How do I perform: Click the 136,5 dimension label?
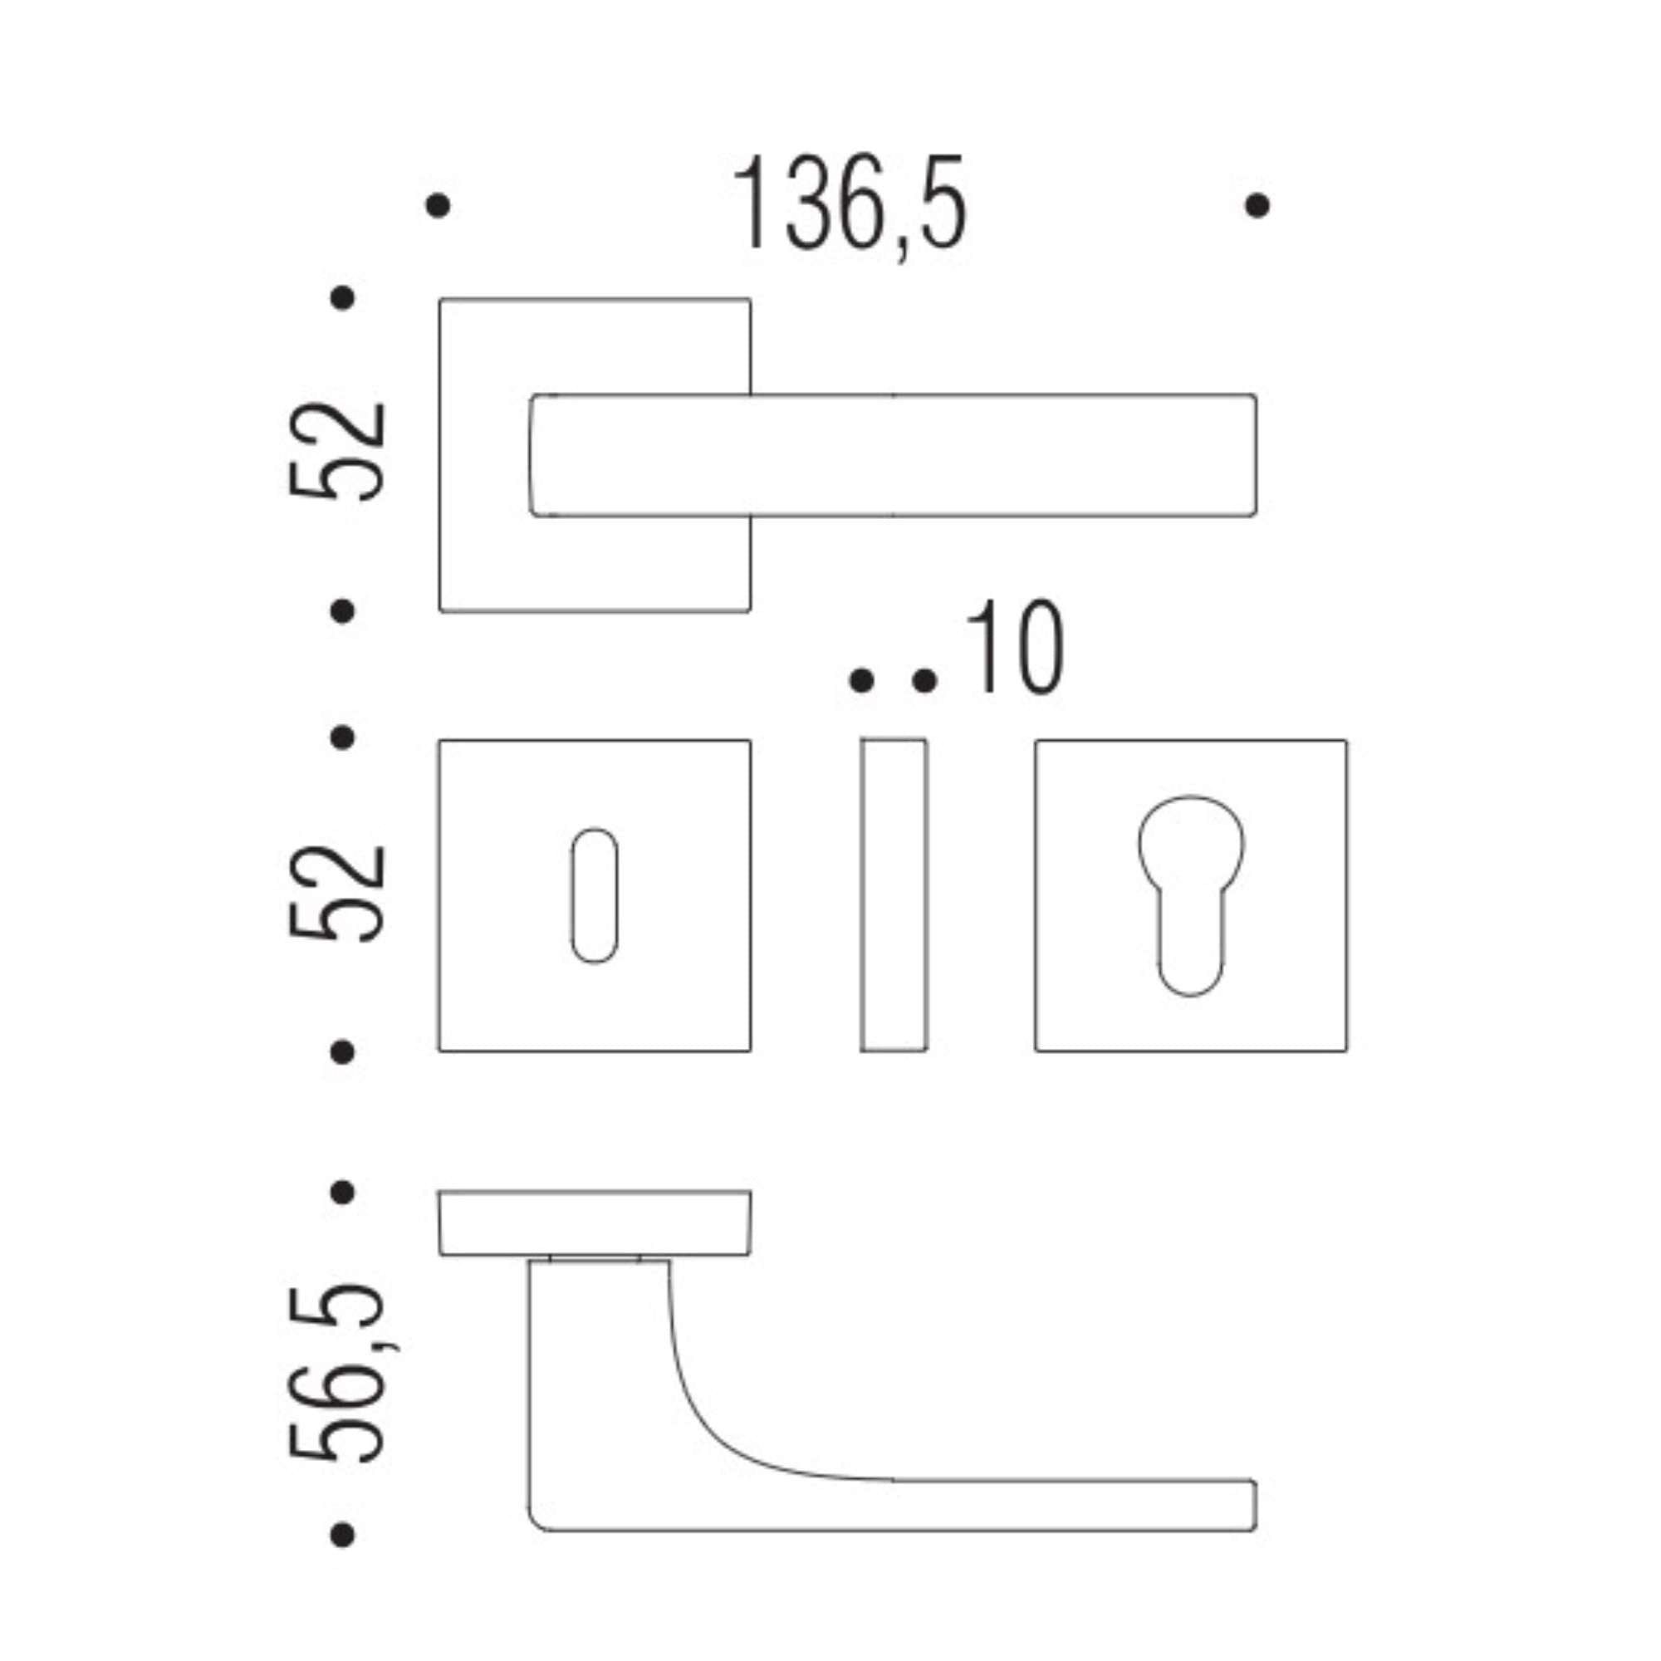(850, 204)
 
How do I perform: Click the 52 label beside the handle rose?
(336, 450)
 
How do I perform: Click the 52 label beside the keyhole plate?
(336, 894)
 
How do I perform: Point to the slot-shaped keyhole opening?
(594, 895)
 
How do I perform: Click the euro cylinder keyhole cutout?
(1191, 894)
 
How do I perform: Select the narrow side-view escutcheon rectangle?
(894, 894)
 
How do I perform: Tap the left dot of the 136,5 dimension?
(438, 205)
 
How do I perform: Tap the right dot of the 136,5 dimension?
(1257, 205)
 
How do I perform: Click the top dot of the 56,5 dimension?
(342, 1193)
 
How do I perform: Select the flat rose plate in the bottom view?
(594, 1223)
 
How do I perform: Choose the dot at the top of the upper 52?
(342, 298)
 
